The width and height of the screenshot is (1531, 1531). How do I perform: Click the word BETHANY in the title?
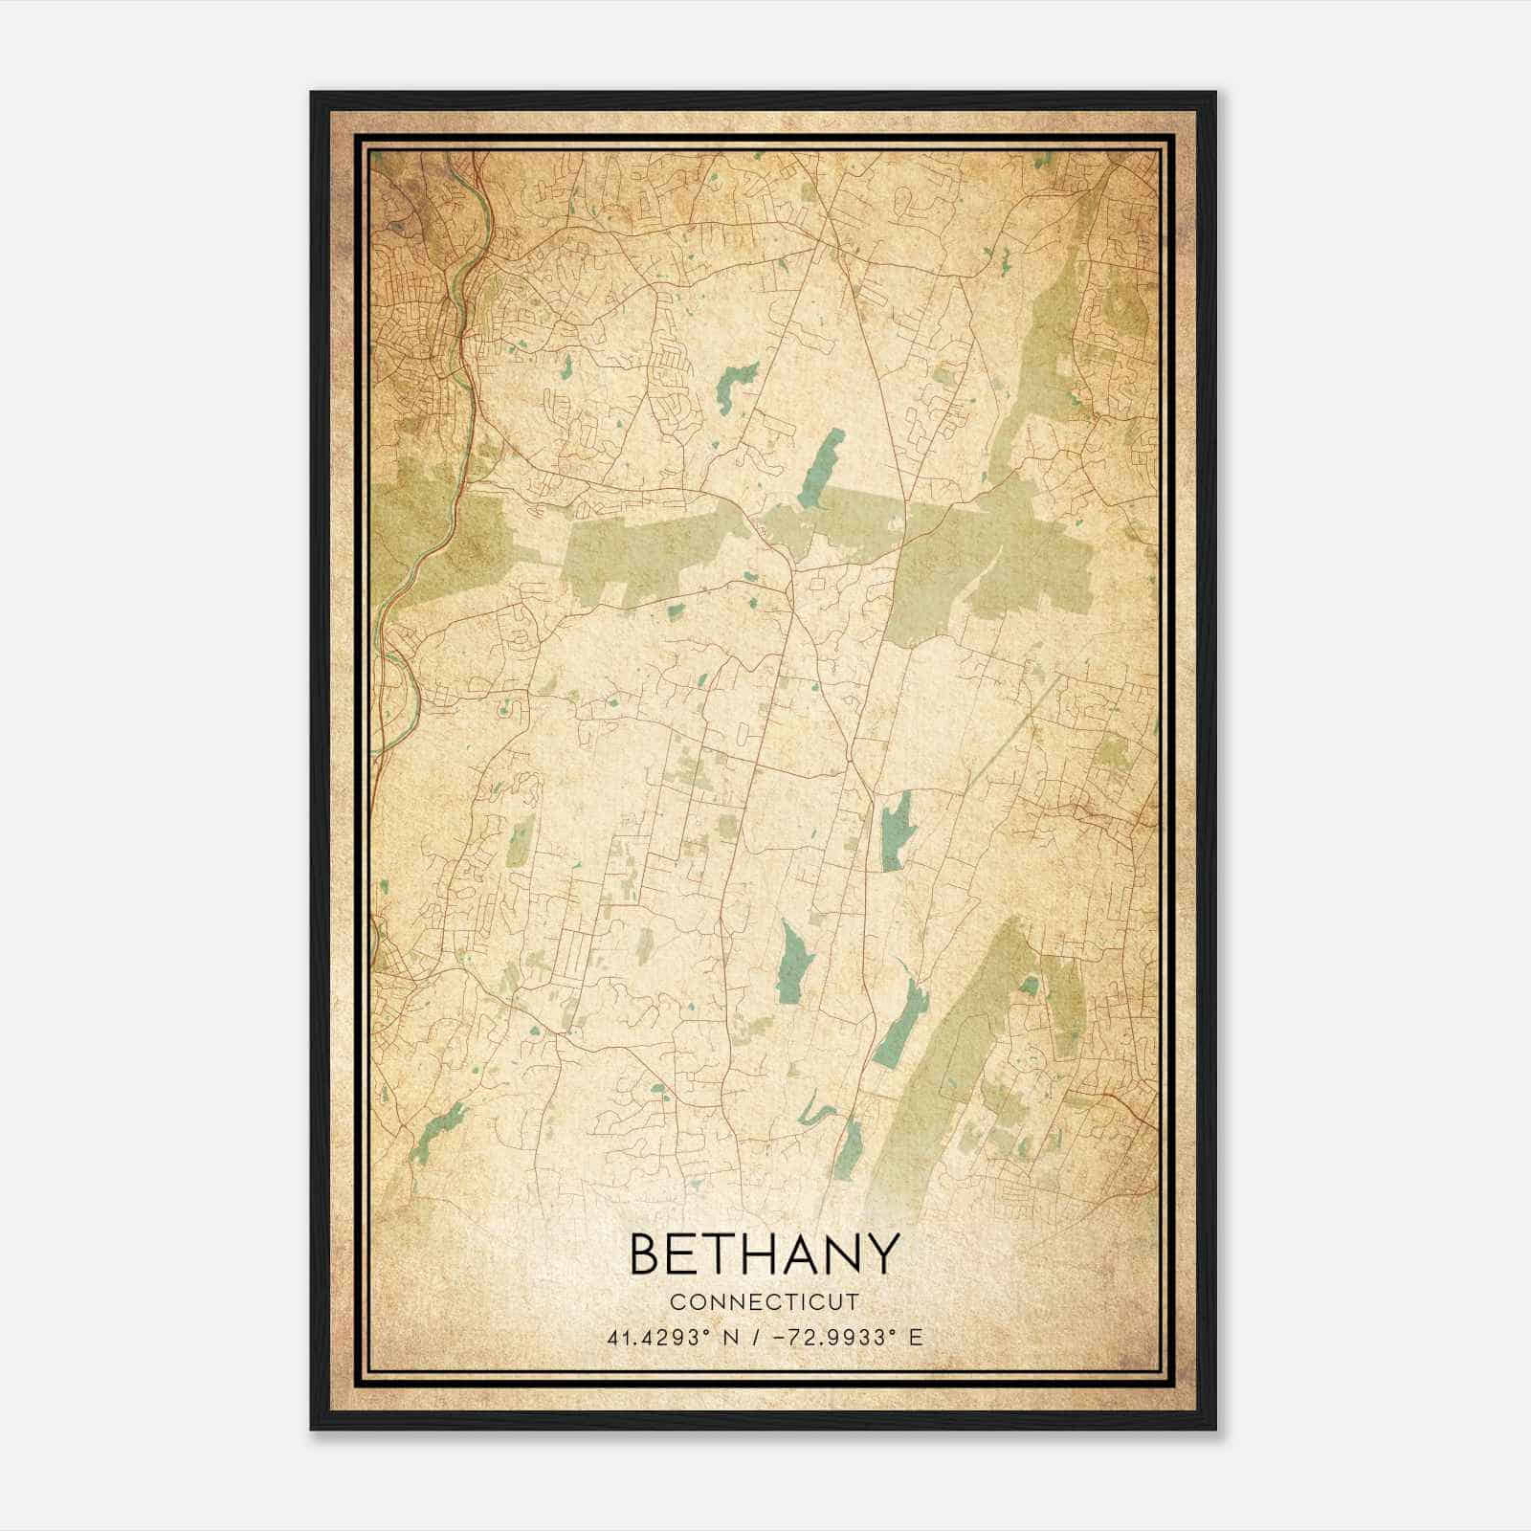pos(765,1254)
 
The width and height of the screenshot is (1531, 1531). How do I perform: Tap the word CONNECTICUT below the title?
pos(765,1302)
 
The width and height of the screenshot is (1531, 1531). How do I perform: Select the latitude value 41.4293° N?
pos(673,1338)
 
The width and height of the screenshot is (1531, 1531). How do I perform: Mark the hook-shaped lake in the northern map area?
pos(732,384)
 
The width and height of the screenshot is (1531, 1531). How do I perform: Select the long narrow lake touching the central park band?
pos(822,459)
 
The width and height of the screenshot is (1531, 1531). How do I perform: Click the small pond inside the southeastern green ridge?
pos(1029,985)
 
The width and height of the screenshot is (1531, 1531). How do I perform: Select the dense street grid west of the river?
pos(411,316)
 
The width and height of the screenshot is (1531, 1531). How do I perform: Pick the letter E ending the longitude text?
pos(917,1338)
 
